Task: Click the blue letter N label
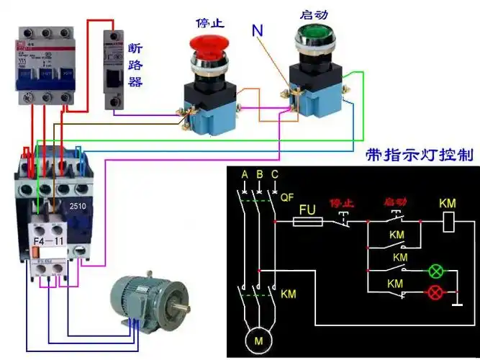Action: (258, 30)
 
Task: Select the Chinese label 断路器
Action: (135, 64)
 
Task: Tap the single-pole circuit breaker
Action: (119, 68)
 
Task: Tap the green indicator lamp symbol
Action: (435, 271)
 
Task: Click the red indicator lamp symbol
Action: (435, 292)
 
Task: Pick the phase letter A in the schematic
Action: (245, 175)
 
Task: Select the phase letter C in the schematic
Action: (274, 175)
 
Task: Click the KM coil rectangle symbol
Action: (448, 222)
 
